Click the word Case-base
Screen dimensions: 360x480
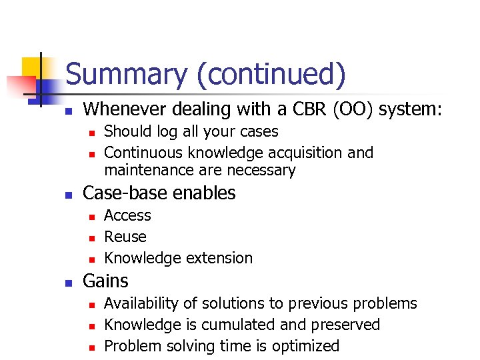(x=125, y=193)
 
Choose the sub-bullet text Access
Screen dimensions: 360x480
(x=128, y=215)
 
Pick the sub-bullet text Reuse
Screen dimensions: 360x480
(x=125, y=237)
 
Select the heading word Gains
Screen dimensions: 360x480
(x=105, y=281)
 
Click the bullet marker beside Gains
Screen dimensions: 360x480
(x=67, y=283)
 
